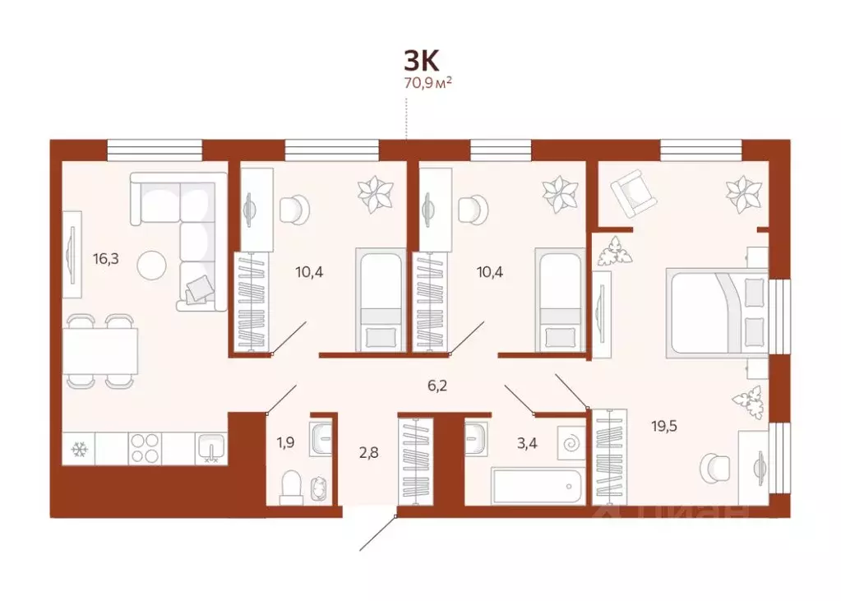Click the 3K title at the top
click(x=422, y=59)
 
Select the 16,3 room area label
click(x=105, y=258)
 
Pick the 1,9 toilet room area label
click(x=286, y=443)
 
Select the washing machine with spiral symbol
click(x=570, y=444)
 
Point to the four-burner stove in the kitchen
click(x=146, y=449)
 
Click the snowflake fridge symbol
click(x=80, y=450)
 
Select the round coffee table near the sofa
click(x=151, y=264)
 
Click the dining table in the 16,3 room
click(x=100, y=350)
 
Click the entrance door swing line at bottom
click(x=379, y=533)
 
